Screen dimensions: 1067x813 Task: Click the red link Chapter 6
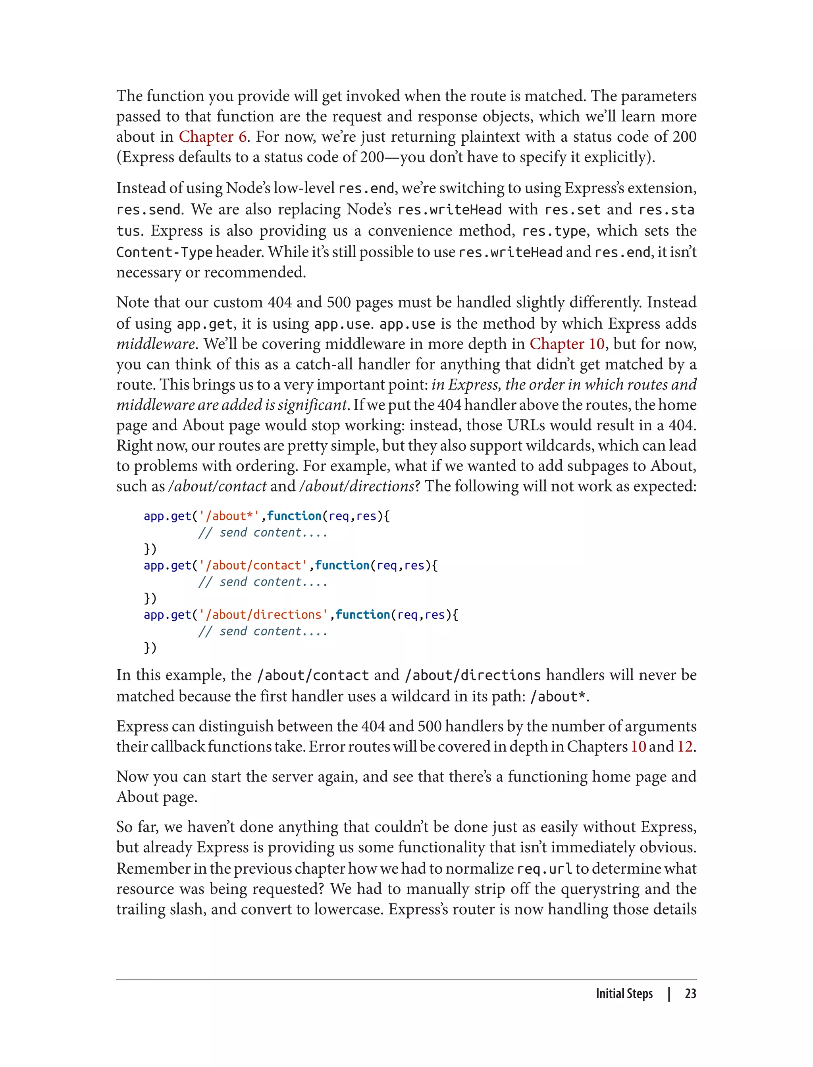pyautogui.click(x=212, y=137)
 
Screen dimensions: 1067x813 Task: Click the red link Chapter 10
pyautogui.click(x=567, y=344)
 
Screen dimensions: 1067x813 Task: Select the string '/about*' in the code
pyautogui.click(x=229, y=516)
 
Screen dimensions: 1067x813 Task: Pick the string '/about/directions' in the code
pyautogui.click(x=263, y=614)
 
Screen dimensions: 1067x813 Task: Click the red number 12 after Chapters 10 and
pyautogui.click(x=684, y=746)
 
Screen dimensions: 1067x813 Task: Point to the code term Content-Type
pyautogui.click(x=164, y=252)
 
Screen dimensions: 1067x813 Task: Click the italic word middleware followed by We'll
pyautogui.click(x=155, y=344)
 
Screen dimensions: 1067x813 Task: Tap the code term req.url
pyautogui.click(x=544, y=869)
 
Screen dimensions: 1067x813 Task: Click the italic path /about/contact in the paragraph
pyautogui.click(x=217, y=486)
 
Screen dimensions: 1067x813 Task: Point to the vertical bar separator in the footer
pyautogui.click(x=669, y=994)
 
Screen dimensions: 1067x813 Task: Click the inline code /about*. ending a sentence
pyautogui.click(x=559, y=697)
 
